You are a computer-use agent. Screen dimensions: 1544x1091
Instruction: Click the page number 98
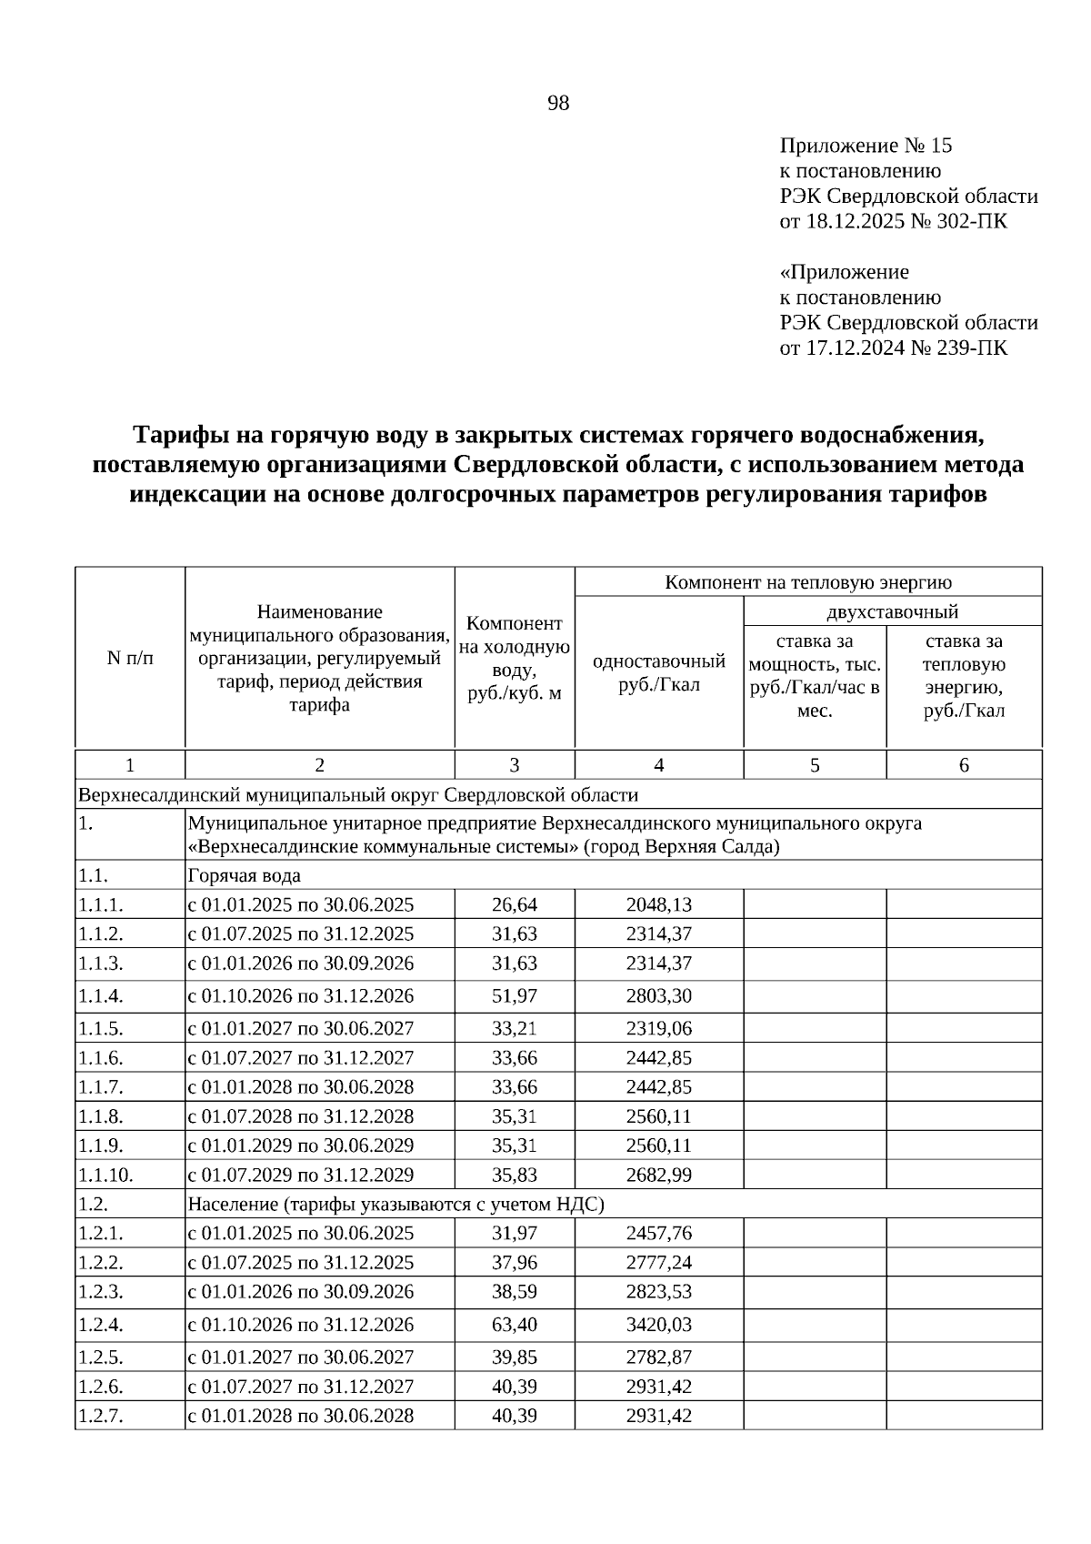pyautogui.click(x=558, y=104)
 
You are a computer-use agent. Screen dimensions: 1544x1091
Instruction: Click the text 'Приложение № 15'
pyautogui.click(x=866, y=146)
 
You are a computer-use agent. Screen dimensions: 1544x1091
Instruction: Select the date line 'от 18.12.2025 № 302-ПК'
pyautogui.click(x=893, y=221)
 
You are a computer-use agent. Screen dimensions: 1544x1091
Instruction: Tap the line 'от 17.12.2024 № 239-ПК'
pyautogui.click(x=893, y=348)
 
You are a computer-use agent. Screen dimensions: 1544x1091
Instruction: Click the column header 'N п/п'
pyautogui.click(x=130, y=658)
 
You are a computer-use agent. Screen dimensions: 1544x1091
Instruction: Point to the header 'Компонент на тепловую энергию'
pyautogui.click(x=808, y=582)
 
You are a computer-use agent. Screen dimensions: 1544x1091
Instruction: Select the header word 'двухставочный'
pyautogui.click(x=892, y=611)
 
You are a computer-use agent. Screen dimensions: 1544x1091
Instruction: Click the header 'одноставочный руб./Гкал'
pyautogui.click(x=658, y=673)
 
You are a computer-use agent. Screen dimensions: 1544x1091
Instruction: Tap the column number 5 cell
pyautogui.click(x=815, y=765)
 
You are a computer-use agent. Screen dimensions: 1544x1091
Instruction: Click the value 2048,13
pyautogui.click(x=658, y=904)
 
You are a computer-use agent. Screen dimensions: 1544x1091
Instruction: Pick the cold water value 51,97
pyautogui.click(x=515, y=995)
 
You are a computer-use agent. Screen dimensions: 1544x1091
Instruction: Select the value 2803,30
pyautogui.click(x=658, y=995)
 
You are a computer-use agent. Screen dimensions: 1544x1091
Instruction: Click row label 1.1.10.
pyautogui.click(x=106, y=1175)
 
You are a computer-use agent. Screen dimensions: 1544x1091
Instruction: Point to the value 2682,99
pyautogui.click(x=658, y=1175)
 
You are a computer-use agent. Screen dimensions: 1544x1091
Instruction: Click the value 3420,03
pyautogui.click(x=658, y=1324)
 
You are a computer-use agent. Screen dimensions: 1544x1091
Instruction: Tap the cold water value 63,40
pyautogui.click(x=515, y=1324)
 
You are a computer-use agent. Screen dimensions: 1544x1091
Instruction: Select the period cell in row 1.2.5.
pyautogui.click(x=301, y=1357)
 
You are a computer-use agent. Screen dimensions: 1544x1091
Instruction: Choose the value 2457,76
pyautogui.click(x=658, y=1233)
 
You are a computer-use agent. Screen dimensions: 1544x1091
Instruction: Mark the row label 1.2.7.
pyautogui.click(x=101, y=1416)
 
